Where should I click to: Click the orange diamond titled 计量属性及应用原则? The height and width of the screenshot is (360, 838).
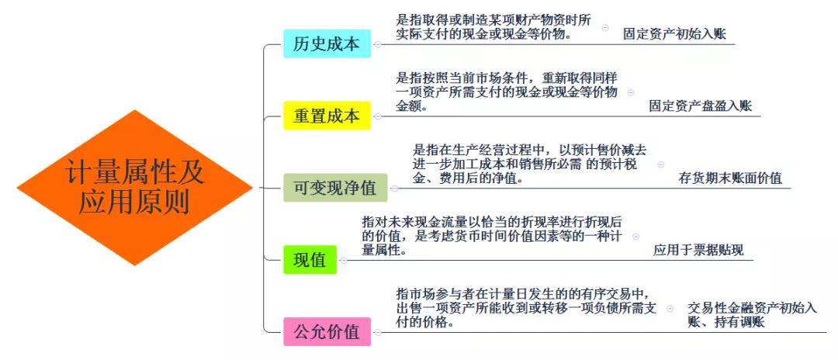tap(135, 188)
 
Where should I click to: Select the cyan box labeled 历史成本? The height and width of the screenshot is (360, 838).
tap(327, 43)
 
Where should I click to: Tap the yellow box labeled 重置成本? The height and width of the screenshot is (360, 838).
tap(327, 116)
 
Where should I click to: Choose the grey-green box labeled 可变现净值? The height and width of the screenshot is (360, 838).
tap(335, 188)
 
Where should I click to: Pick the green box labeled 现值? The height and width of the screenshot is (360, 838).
tap(310, 260)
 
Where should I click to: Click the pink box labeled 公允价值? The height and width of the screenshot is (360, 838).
tap(327, 332)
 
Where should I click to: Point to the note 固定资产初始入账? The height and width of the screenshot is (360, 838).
tap(674, 35)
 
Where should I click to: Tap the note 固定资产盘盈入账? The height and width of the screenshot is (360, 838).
tap(700, 106)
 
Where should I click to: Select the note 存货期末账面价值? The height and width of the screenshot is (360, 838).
tap(730, 178)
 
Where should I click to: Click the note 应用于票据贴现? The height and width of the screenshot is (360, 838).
tap(698, 249)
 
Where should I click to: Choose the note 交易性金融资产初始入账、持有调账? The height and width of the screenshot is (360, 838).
tap(752, 315)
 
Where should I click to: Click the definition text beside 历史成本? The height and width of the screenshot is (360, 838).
tap(493, 27)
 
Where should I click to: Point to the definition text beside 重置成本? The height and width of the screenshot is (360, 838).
tap(507, 92)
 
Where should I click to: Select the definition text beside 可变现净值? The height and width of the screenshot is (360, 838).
tap(530, 164)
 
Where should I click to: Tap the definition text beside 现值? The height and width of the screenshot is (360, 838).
tap(492, 236)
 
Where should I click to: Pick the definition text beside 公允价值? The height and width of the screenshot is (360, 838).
tap(526, 308)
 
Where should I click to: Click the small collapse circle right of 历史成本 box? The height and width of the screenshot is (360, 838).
tap(378, 44)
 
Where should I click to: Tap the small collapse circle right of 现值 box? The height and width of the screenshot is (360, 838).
tap(344, 260)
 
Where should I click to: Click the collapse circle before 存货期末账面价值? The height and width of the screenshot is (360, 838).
tap(661, 164)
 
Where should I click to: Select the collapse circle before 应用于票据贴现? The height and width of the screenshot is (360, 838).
tap(636, 236)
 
